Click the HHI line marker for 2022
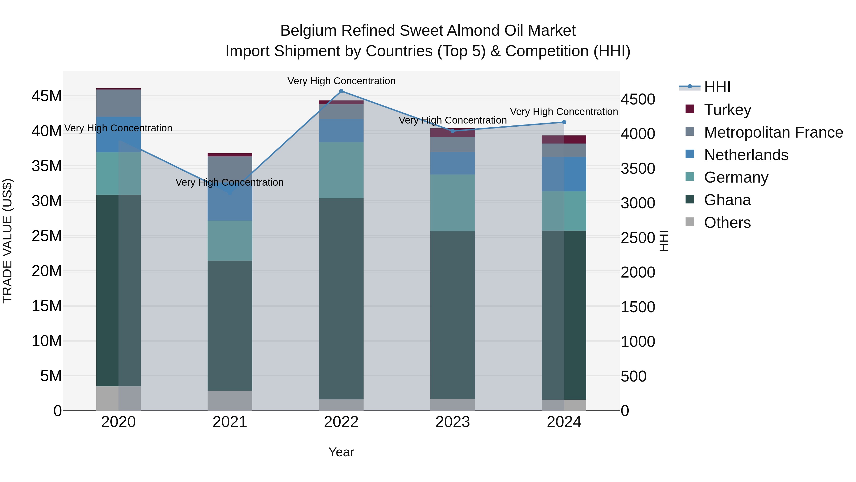coord(341,91)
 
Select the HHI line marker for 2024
coord(564,122)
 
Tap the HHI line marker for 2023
coord(452,131)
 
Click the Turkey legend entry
coord(727,110)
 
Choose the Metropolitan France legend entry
coord(773,132)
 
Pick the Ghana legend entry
coord(727,200)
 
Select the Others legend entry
coord(727,223)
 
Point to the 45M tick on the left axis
coord(47,96)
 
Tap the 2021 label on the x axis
coord(230,422)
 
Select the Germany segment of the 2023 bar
coord(452,203)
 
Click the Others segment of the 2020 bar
coord(118,398)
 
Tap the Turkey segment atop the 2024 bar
coord(564,139)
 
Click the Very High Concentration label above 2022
coord(341,81)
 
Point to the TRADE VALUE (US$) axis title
coord(7,241)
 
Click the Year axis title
coord(341,452)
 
